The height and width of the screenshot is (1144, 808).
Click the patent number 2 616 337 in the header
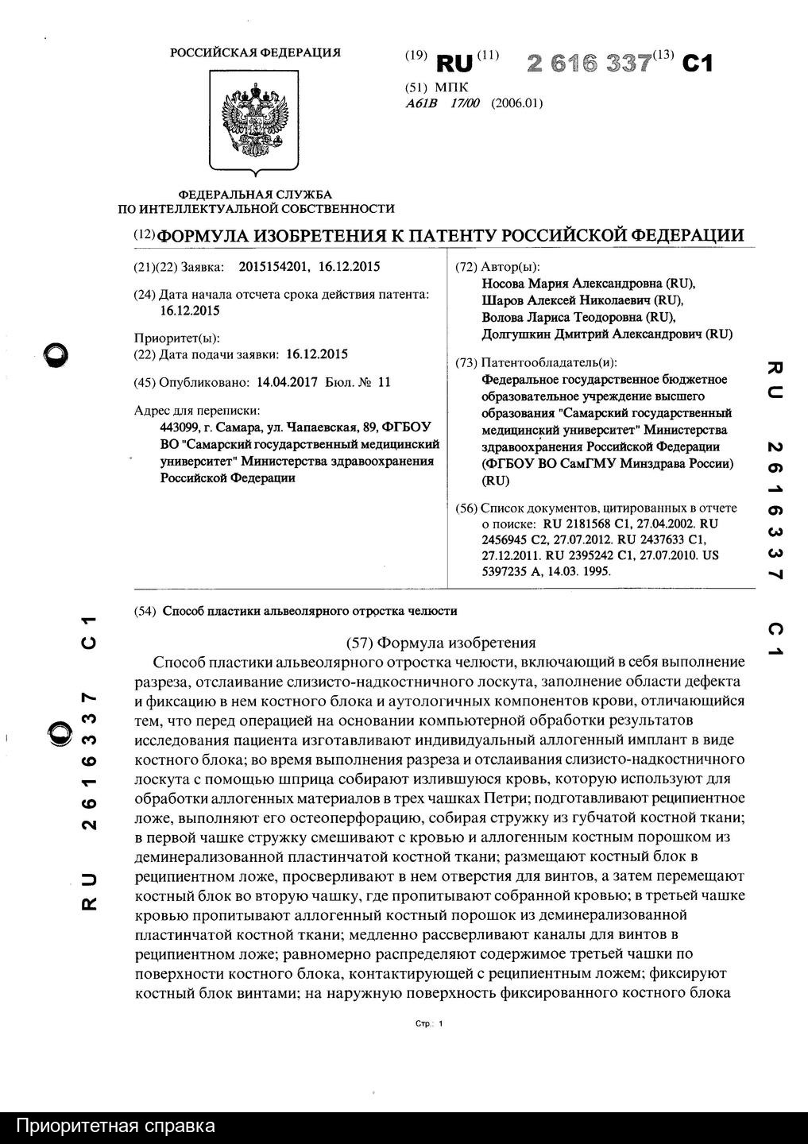590,64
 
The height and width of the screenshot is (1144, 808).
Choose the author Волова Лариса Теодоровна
567,318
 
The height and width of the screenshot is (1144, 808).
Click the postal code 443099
178,426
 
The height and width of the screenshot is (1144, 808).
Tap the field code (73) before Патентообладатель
466,362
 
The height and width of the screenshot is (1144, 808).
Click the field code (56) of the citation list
466,508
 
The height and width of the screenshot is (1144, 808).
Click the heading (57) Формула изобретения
443,643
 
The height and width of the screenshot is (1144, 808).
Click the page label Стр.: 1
429,1024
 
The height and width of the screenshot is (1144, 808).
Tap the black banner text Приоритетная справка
116,1127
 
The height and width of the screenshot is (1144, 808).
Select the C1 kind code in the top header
698,64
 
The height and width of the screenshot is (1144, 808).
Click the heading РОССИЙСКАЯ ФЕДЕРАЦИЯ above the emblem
255,53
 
